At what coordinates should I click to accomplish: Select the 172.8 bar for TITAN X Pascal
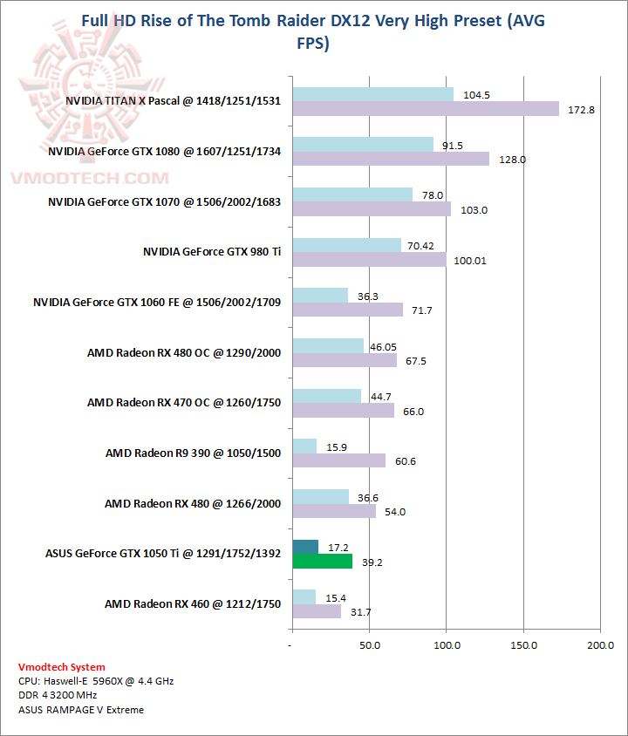[x=426, y=109]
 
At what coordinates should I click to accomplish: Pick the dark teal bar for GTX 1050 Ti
[x=305, y=547]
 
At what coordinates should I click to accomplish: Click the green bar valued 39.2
[x=323, y=562]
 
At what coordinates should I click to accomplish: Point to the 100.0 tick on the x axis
[x=447, y=645]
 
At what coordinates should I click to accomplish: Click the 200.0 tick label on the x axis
[x=600, y=645]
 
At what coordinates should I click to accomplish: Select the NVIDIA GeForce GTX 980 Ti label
[x=212, y=252]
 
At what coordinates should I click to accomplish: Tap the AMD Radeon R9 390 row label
[x=193, y=453]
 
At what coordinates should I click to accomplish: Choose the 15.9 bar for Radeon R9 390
[x=304, y=446]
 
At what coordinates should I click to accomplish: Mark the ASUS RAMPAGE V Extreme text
[x=81, y=709]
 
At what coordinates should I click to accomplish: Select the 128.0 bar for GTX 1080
[x=391, y=159]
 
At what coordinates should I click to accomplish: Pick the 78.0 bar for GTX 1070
[x=352, y=194]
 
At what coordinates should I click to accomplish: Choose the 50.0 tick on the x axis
[x=370, y=645]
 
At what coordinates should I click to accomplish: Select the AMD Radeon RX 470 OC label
[x=183, y=403]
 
